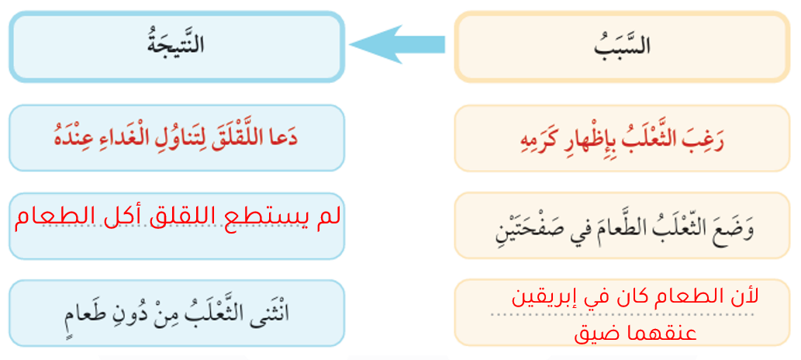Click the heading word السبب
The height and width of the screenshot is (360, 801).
pyautogui.click(x=622, y=45)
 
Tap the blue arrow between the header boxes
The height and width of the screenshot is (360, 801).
pyautogui.click(x=397, y=44)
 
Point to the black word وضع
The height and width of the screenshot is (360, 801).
pyautogui.click(x=737, y=227)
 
